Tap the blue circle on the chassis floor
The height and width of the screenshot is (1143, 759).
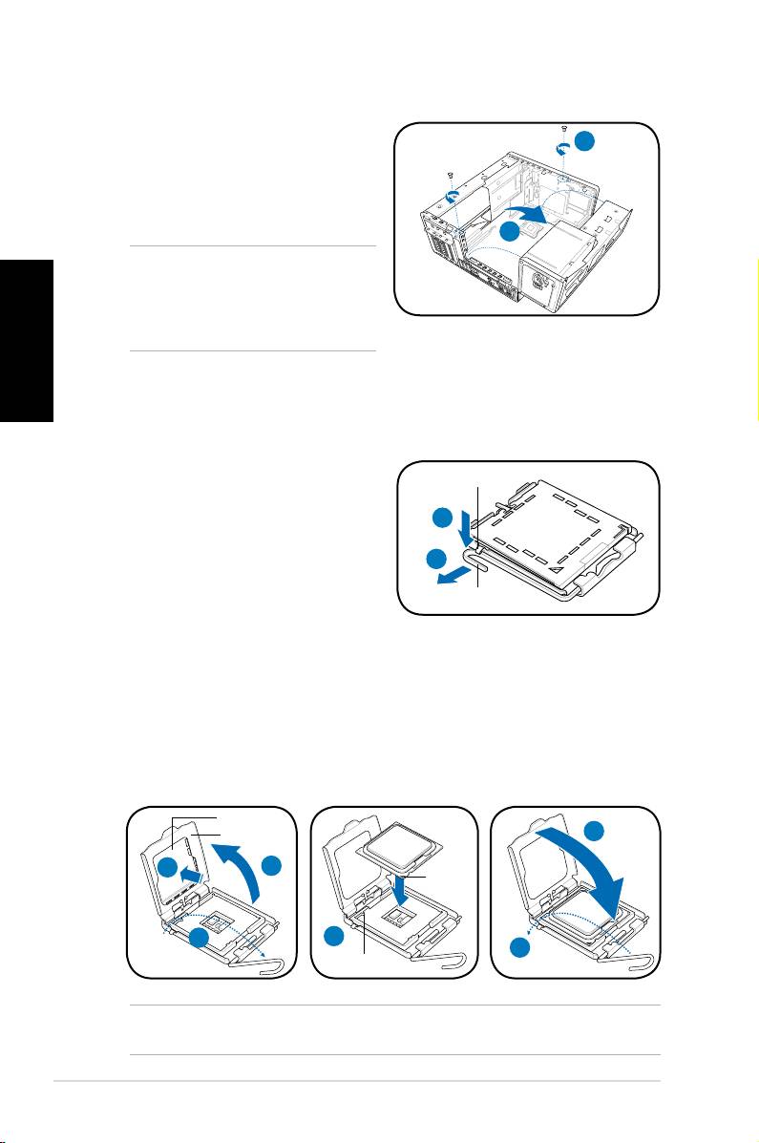pyautogui.click(x=511, y=231)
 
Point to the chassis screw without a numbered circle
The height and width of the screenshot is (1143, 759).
pyautogui.click(x=450, y=176)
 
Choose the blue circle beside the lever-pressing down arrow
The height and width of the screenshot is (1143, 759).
pyautogui.click(x=440, y=519)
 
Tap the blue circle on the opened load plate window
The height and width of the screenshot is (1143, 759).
pyautogui.click(x=168, y=868)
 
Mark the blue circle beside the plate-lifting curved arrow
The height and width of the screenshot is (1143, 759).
pyautogui.click(x=273, y=867)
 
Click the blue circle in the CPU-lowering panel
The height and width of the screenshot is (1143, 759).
pyautogui.click(x=334, y=936)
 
